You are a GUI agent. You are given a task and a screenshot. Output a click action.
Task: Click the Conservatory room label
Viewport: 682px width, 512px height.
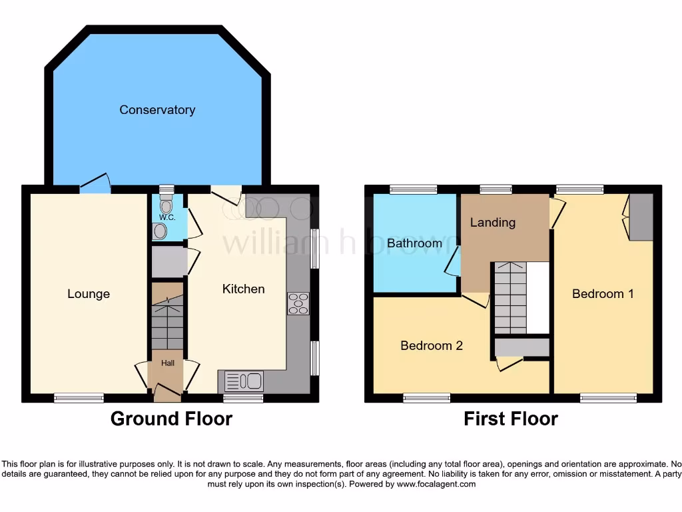[x=157, y=110]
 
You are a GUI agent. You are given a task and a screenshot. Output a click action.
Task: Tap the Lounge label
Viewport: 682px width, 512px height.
[x=89, y=294]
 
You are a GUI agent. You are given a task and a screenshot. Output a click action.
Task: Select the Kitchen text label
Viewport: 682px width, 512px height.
[x=243, y=289]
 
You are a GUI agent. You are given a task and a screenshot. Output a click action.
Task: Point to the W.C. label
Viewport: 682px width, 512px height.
[x=166, y=217]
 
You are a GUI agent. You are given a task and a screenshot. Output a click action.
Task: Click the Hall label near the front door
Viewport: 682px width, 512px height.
[x=167, y=363]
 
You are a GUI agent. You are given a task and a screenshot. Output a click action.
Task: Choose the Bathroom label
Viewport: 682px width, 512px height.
[x=414, y=243]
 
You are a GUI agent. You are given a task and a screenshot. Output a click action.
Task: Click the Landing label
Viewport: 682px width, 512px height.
[x=493, y=223]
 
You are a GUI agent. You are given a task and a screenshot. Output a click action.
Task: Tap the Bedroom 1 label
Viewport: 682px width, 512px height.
[x=603, y=293]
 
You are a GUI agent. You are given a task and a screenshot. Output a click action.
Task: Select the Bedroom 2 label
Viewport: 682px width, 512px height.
[x=432, y=345]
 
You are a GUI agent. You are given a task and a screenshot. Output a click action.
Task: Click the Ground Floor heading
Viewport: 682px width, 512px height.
[x=171, y=419]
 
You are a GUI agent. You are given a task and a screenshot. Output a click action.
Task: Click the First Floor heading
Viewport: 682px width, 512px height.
[x=511, y=419]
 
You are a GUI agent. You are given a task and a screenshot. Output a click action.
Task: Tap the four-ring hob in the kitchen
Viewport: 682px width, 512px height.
[x=298, y=303]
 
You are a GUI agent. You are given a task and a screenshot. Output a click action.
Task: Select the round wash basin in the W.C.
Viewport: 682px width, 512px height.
[x=160, y=231]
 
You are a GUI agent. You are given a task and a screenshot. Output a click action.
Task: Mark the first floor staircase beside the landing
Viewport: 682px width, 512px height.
[x=510, y=297]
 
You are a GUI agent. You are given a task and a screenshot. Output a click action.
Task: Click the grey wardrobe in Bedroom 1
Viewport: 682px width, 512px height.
[x=642, y=217]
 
